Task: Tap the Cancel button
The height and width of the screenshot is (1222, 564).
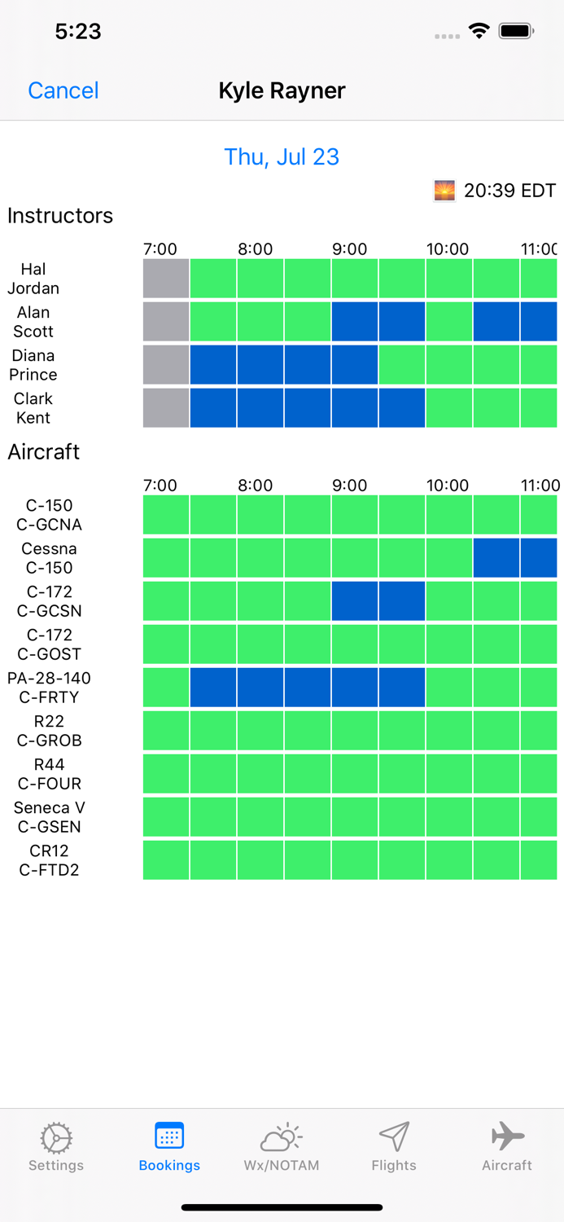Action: pyautogui.click(x=63, y=90)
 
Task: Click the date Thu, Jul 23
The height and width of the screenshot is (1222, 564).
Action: pyautogui.click(x=282, y=156)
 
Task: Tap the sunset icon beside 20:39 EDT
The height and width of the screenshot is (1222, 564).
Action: pyautogui.click(x=444, y=191)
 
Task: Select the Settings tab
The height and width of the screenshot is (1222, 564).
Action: pyautogui.click(x=56, y=1147)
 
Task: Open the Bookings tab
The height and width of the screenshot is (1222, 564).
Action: pyautogui.click(x=169, y=1147)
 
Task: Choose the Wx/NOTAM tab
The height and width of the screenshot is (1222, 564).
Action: pyautogui.click(x=282, y=1147)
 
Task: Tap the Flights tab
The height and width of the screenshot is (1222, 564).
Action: pyautogui.click(x=394, y=1147)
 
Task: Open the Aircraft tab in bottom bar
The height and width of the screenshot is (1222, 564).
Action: pyautogui.click(x=507, y=1147)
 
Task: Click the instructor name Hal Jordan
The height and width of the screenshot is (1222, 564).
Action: pyautogui.click(x=33, y=279)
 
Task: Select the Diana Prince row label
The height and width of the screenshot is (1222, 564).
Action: pyautogui.click(x=33, y=365)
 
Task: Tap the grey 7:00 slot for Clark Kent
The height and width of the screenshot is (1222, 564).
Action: pyautogui.click(x=166, y=408)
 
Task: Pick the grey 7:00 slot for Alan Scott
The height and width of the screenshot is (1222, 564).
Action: pyautogui.click(x=166, y=322)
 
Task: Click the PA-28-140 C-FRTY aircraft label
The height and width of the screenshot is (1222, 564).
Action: pyautogui.click(x=49, y=688)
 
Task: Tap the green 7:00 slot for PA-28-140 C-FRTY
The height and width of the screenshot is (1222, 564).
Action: pyautogui.click(x=166, y=688)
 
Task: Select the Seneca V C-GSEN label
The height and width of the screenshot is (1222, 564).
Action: pyautogui.click(x=49, y=817)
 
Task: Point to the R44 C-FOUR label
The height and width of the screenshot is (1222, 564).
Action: pyautogui.click(x=49, y=774)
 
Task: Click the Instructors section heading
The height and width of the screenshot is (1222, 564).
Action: pyautogui.click(x=60, y=216)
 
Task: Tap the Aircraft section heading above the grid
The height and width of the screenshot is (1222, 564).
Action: pyautogui.click(x=44, y=452)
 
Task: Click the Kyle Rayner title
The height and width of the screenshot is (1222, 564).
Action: pyautogui.click(x=282, y=90)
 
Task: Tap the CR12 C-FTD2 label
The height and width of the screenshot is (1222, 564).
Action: pyautogui.click(x=49, y=860)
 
